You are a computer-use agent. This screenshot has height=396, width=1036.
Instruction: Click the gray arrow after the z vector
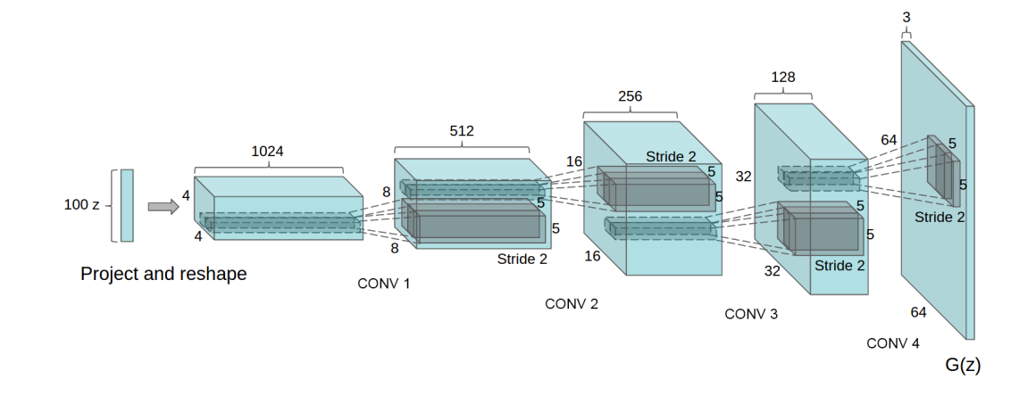click(162, 207)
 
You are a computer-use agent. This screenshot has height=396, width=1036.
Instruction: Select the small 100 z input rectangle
click(127, 205)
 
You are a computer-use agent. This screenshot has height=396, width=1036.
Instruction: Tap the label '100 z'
click(81, 205)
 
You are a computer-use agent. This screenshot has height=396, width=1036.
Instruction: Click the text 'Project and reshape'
click(163, 274)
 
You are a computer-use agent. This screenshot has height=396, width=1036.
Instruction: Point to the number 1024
click(267, 152)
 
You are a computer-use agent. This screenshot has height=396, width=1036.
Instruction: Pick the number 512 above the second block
click(461, 131)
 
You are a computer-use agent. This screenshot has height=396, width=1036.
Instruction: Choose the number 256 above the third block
click(630, 96)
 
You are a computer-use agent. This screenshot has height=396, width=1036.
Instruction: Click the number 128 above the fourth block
click(783, 77)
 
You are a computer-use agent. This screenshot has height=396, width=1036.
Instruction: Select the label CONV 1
click(383, 285)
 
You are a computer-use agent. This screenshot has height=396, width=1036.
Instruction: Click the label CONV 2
click(572, 304)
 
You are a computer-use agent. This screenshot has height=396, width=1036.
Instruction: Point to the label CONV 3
click(750, 314)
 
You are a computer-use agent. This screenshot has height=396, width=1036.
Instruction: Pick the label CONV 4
click(892, 343)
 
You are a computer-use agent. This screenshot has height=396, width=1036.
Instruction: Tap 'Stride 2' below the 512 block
click(522, 260)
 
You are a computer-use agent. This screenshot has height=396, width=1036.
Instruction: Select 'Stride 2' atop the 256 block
click(671, 157)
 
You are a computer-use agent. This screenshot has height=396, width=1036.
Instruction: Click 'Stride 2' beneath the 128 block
click(840, 266)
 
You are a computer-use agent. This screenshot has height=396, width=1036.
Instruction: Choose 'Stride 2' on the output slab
click(940, 217)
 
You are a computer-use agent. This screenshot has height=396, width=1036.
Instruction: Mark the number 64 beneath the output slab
click(918, 312)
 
